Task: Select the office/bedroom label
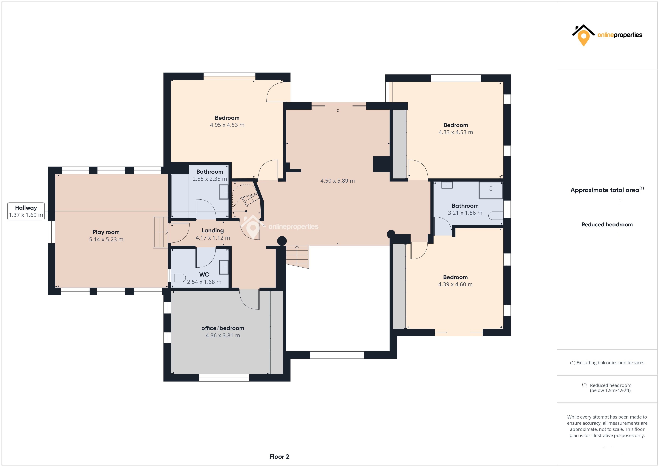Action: [223, 328]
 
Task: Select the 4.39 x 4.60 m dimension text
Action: [455, 284]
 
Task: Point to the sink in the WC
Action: [224, 267]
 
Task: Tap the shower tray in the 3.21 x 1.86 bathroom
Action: [491, 190]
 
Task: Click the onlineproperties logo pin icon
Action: [583, 38]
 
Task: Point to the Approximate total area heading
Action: [607, 190]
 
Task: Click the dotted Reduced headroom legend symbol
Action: [584, 385]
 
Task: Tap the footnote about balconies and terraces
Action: [607, 363]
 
